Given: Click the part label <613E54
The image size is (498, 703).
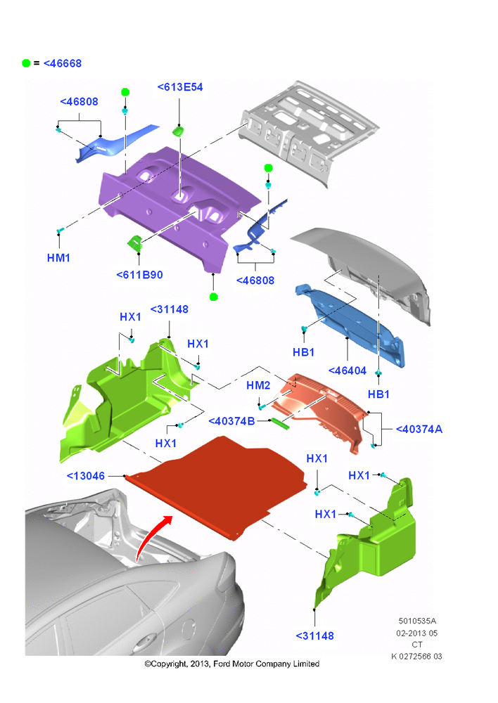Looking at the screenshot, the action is point(180,87).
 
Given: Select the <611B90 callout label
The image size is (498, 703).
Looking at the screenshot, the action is point(139,275).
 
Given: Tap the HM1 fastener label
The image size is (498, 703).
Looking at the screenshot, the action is point(58,258).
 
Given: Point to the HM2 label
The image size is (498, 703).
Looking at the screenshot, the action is point(258,385).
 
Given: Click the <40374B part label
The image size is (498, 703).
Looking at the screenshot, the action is point(231,421).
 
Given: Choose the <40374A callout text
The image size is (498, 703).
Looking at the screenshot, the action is point(419,429).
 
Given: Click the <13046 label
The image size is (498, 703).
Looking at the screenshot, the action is point(86,476).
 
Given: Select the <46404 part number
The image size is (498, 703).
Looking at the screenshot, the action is point(347,370).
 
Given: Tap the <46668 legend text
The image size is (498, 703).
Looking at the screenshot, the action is point(63,63).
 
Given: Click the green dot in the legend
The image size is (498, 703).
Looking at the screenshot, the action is point(26,63).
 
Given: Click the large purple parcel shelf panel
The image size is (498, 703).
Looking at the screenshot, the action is point(179,206).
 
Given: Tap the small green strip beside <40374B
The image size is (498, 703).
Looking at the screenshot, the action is point(279,423).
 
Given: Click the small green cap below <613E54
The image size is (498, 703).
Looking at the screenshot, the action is point(178,131).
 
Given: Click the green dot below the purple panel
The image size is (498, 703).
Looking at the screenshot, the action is point(214,297).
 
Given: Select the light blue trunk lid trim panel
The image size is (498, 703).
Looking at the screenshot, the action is point(350,325).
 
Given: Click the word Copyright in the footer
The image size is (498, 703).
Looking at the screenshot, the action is point(168,664).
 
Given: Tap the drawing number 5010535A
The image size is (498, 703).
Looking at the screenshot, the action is point(417,621).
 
